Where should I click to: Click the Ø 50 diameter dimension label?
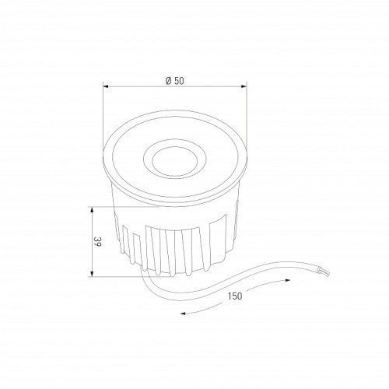(175, 81)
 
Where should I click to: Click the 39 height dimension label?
(97, 241)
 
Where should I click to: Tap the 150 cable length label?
(235, 296)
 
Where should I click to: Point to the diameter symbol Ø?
(169, 81)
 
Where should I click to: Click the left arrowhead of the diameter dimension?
(105, 86)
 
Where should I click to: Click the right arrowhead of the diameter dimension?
(244, 86)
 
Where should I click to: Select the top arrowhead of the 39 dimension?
(92, 209)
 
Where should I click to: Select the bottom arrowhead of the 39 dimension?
(92, 274)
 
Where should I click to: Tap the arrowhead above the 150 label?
(287, 280)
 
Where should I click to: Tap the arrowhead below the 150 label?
(183, 314)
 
